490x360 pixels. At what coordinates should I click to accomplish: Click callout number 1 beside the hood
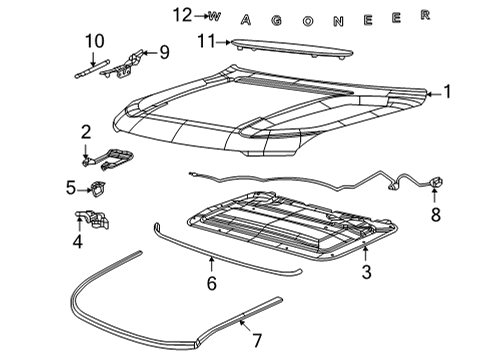[x=447, y=92]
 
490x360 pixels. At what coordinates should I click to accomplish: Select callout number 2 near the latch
[x=86, y=131]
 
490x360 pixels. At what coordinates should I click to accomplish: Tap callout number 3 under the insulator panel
[x=367, y=273]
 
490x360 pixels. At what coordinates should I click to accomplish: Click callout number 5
[x=71, y=186]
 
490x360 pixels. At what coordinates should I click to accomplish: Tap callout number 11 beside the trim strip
[x=205, y=41]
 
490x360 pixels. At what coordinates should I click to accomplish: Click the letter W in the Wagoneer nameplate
[x=214, y=16]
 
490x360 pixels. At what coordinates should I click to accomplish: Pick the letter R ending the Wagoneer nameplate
[x=424, y=14]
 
